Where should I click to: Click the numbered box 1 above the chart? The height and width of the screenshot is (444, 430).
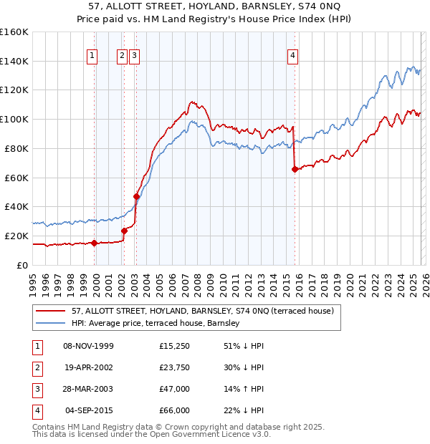pos(93,57)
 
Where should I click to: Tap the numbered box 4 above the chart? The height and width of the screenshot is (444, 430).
pos(294,57)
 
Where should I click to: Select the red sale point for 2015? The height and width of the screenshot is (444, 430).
pos(295,169)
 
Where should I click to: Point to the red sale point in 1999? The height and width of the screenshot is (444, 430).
pos(94,243)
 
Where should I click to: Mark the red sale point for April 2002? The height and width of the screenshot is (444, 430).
pos(124,231)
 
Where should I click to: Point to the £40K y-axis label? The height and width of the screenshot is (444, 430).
pos(16,206)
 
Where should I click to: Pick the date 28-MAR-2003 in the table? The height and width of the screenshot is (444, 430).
pos(88,389)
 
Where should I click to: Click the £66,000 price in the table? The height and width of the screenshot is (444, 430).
pos(175,410)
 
